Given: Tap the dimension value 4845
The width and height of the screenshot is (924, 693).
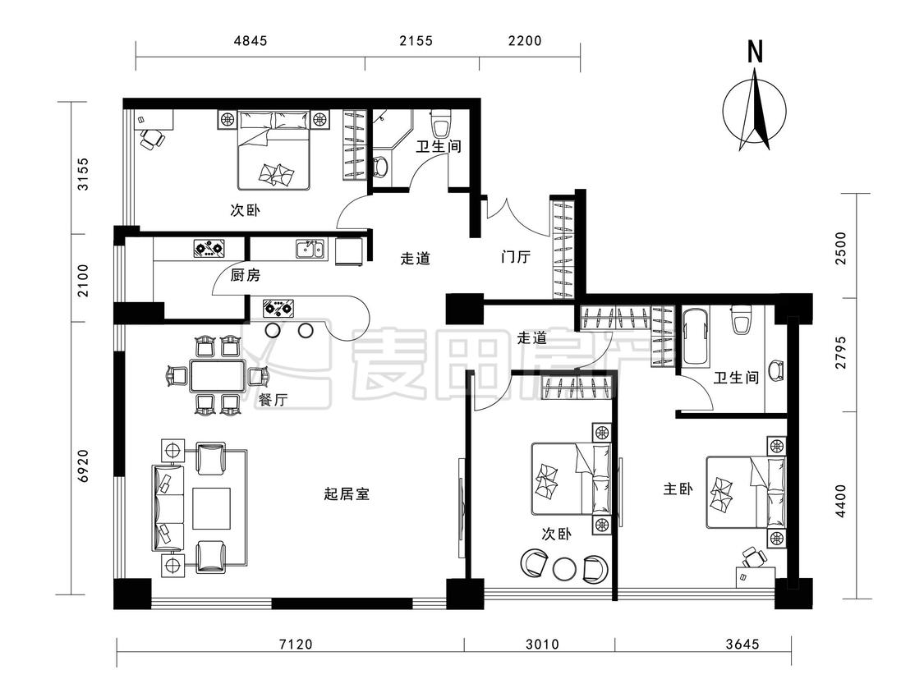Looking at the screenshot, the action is tap(251, 41).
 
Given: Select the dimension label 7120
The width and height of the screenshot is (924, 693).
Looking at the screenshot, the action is tap(296, 644).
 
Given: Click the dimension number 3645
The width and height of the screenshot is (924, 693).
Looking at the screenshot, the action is tap(742, 644).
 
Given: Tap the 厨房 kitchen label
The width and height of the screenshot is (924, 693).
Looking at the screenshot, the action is tap(245, 275).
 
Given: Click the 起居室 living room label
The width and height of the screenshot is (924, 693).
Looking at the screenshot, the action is tap(347, 493).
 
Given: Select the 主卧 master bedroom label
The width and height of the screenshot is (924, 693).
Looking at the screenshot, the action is tap(678, 489).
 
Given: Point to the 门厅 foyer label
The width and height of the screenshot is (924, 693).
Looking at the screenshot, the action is tap(516, 257).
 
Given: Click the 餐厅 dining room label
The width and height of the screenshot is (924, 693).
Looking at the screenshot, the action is tap(273, 400).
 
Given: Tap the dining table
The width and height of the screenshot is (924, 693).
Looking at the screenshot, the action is tap(218, 376).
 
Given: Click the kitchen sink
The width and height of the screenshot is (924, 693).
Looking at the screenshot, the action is tap(310, 249).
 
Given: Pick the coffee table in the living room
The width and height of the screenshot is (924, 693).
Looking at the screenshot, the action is tap(211, 508).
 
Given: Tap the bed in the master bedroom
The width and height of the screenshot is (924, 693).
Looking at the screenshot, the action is tap(746, 492).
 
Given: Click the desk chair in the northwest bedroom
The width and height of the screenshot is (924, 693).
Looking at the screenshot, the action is tap(152, 140).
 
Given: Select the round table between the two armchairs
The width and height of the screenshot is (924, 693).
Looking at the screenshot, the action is tap(565, 568).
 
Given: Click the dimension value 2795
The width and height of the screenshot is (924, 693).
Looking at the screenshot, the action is tap(840, 352).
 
